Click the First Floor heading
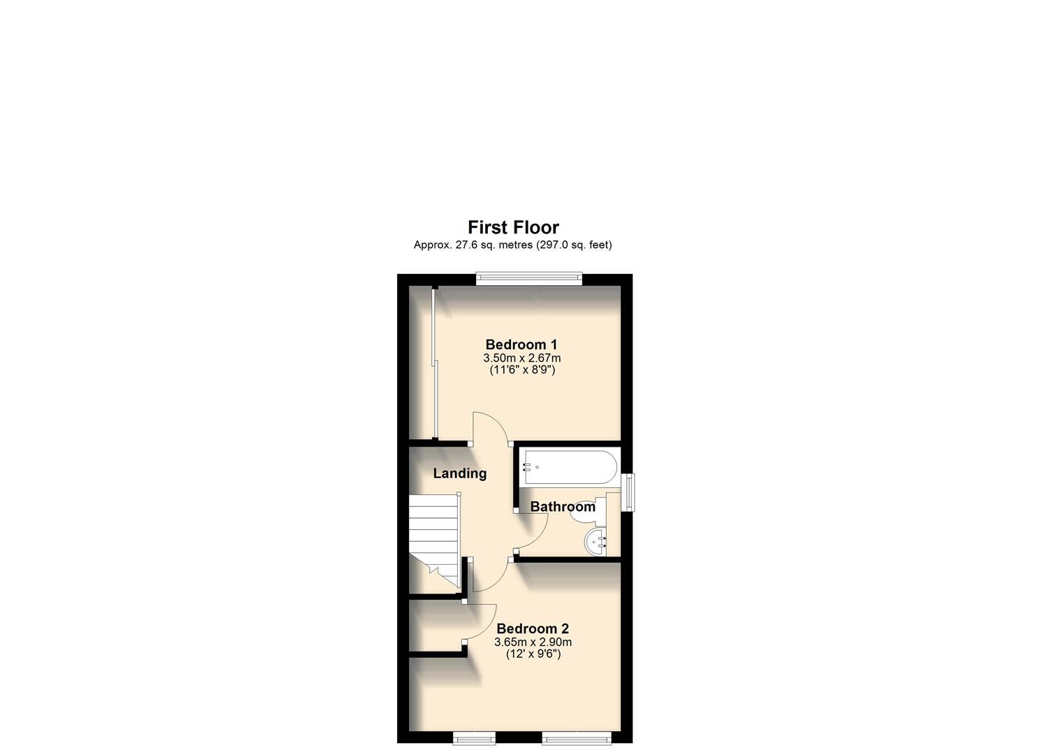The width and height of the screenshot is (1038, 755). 513,227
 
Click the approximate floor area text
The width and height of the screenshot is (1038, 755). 512,245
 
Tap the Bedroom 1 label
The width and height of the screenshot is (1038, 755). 521,345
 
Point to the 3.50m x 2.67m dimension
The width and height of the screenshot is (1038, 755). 521,358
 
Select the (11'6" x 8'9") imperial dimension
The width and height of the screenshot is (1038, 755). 521,370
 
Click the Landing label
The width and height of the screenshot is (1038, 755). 459,473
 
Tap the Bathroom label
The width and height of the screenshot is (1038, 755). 563,507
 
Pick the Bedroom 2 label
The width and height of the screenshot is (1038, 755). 533,628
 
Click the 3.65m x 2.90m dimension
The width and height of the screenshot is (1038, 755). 533,642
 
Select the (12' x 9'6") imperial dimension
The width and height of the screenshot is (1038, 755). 533,654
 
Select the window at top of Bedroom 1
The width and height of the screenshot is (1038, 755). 529,278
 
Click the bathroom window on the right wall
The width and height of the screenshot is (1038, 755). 629,492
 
